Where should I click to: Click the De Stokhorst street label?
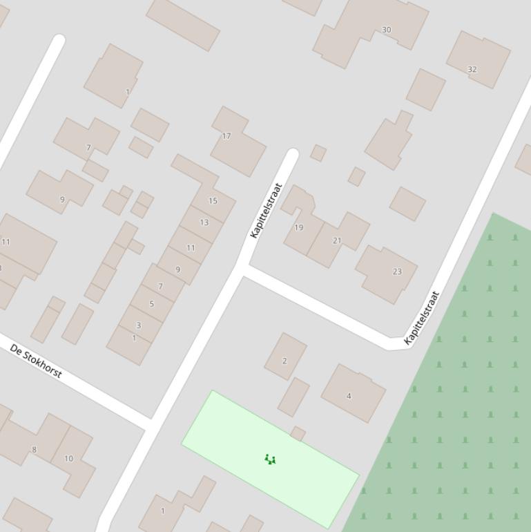36,361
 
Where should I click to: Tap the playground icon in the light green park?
271,459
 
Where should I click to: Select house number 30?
386,30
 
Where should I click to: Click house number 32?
472,69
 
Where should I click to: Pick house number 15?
213,201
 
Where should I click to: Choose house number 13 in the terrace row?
204,222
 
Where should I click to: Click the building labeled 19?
298,227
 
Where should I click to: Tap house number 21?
337,240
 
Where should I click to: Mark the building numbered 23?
397,272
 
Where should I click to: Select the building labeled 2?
284,361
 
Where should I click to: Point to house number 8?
34,450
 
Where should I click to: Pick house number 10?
68,458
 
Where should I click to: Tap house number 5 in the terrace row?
152,303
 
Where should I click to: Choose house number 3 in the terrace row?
138,325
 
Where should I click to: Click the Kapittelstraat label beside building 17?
266,210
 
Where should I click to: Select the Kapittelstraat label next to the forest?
422,318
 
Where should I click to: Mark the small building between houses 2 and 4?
293,397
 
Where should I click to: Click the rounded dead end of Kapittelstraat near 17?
291,155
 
